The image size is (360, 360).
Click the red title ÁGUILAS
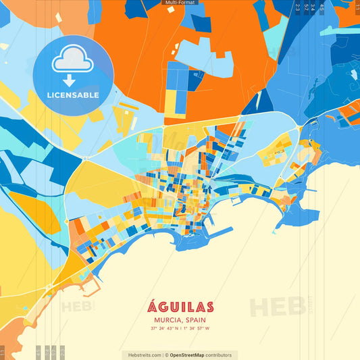tap(180, 307)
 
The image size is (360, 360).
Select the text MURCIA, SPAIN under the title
tap(180, 319)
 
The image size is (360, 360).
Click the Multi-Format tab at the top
tap(180, 3)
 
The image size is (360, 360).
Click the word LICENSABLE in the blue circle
tap(72, 95)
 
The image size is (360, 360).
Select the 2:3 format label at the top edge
tap(298, 7)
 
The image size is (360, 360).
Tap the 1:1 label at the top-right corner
tap(355, 7)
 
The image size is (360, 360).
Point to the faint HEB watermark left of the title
tap(78, 306)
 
